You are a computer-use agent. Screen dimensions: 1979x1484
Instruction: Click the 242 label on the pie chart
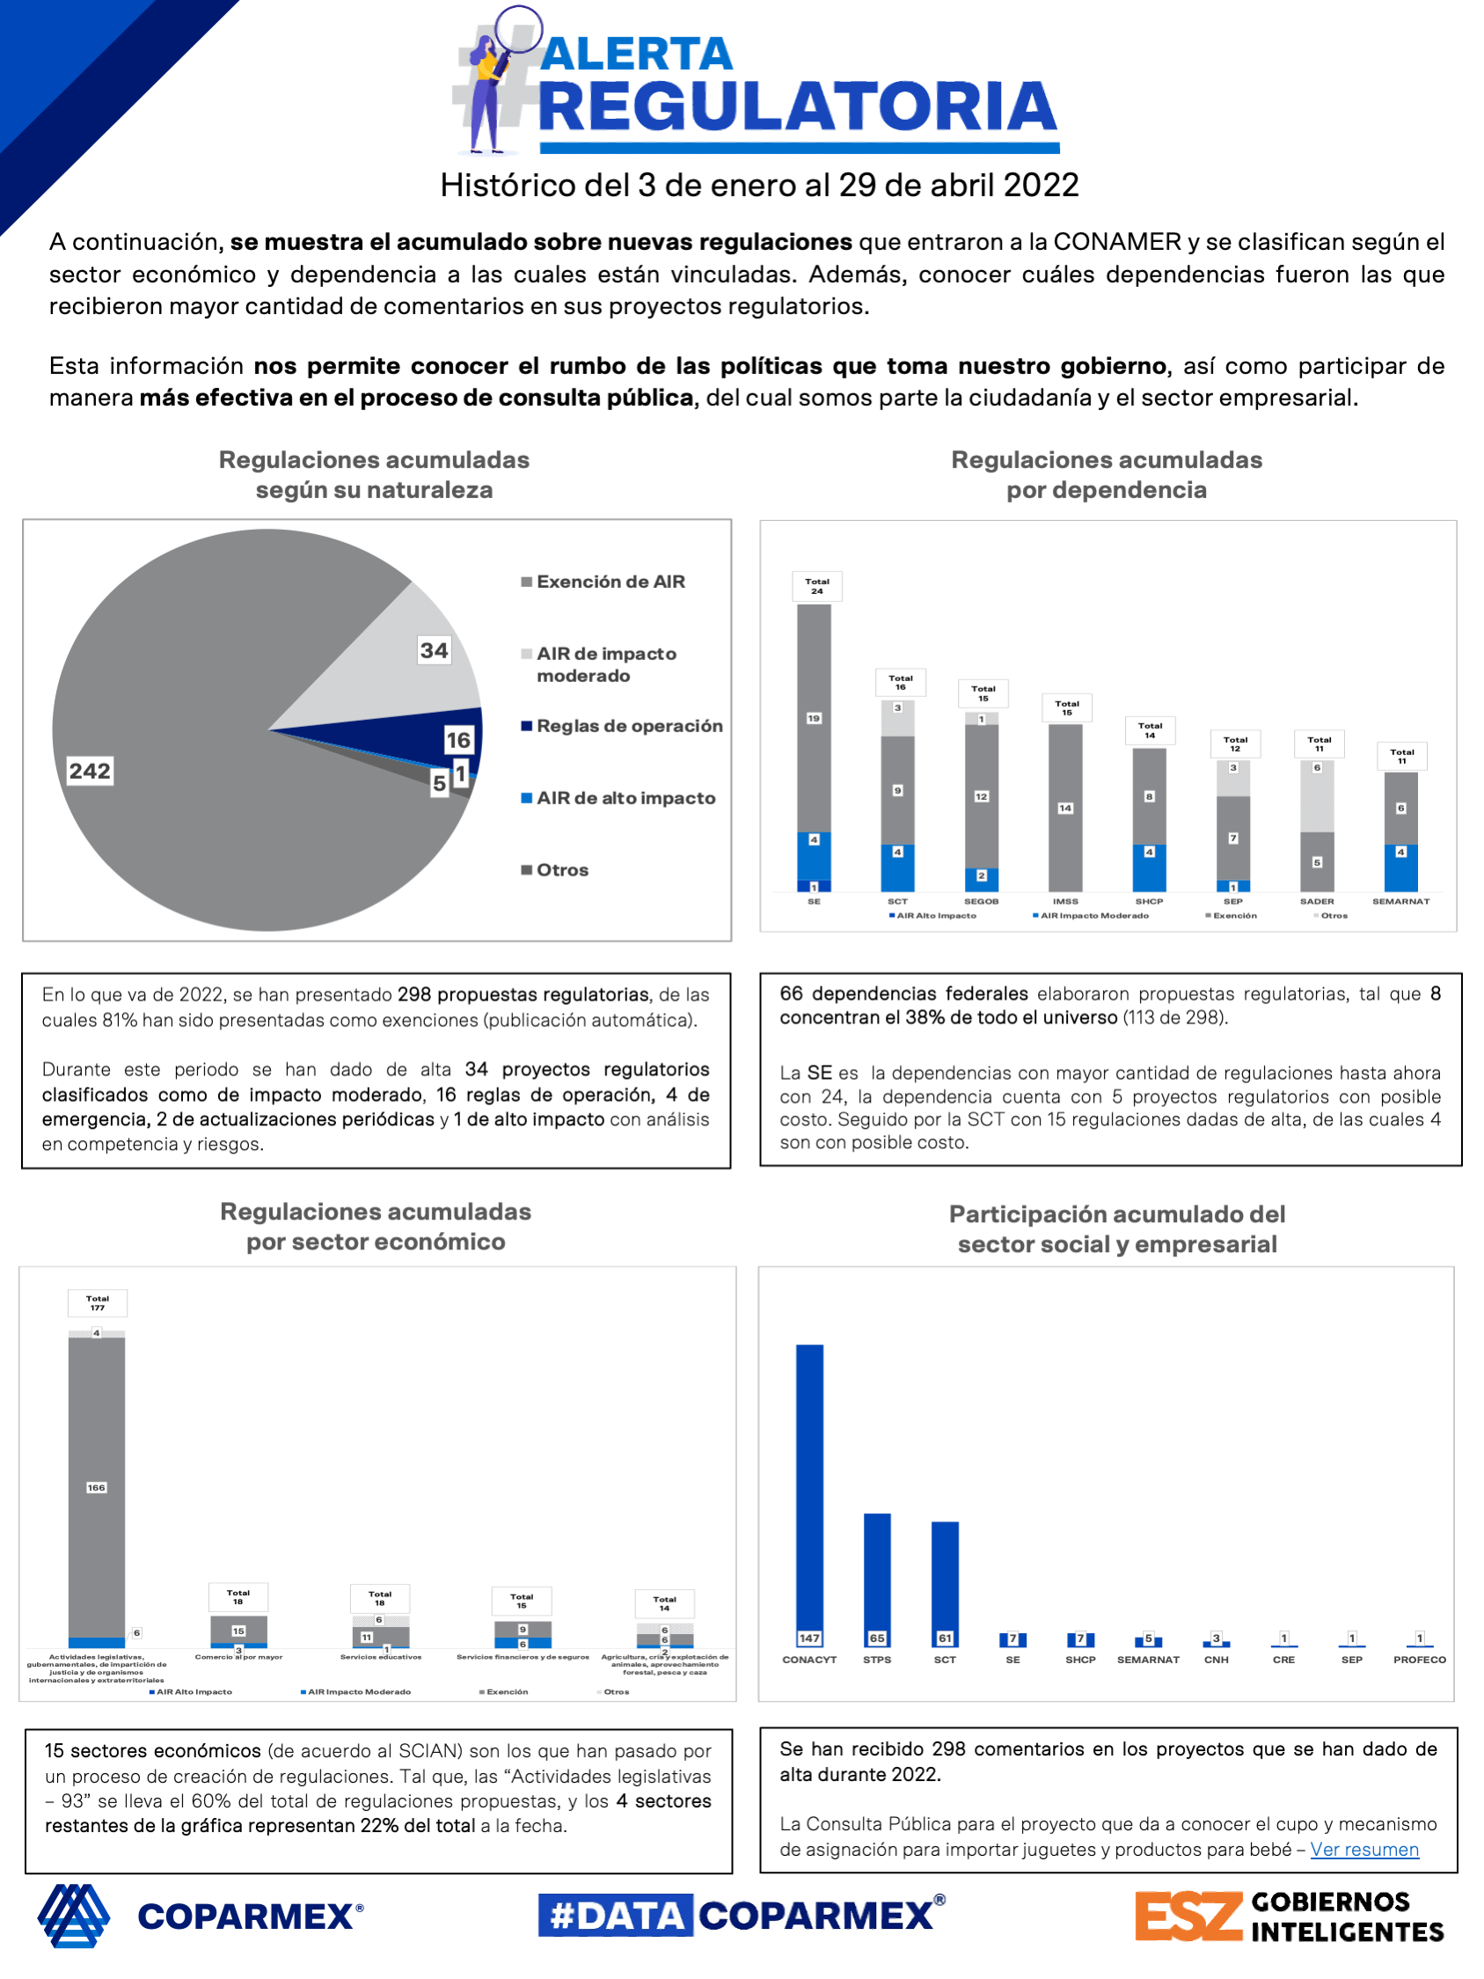[90, 770]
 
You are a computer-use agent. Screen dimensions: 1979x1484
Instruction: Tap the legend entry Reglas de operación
[629, 726]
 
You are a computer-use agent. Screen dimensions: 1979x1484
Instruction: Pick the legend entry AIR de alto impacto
[625, 798]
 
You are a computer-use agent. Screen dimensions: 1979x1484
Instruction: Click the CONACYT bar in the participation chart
[809, 1490]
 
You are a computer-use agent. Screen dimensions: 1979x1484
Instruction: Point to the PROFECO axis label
[1419, 1660]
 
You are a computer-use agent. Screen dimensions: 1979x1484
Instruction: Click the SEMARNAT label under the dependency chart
[1400, 901]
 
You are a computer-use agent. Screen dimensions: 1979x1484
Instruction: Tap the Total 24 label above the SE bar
[816, 586]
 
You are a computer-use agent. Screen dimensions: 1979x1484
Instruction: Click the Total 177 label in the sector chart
[98, 1302]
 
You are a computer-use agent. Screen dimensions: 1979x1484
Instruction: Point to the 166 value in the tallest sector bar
[96, 1487]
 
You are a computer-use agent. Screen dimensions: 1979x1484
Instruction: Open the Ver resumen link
[1364, 1850]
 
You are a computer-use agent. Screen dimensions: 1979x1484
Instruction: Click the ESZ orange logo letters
[1188, 1917]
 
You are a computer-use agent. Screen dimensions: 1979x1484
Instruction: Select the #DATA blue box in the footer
[616, 1916]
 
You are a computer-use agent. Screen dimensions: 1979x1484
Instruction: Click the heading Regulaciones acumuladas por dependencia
[1106, 474]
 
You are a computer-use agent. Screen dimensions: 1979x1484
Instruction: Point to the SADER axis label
[1316, 901]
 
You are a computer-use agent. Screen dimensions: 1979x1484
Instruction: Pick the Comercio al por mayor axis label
[239, 1657]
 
